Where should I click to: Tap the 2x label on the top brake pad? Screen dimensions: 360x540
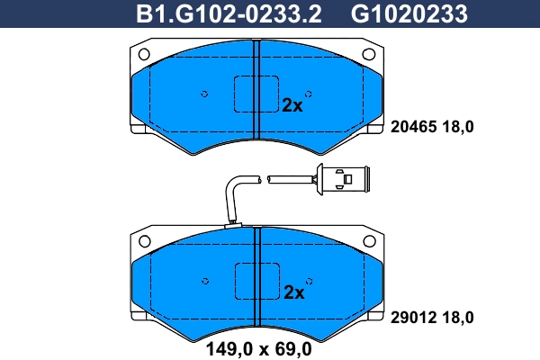[x=292, y=104]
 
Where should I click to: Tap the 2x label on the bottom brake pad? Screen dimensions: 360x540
[x=294, y=292]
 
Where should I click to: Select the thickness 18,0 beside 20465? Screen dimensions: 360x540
[x=456, y=127]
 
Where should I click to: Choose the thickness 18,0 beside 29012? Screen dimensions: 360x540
[x=456, y=317]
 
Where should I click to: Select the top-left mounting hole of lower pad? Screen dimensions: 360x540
[x=144, y=241]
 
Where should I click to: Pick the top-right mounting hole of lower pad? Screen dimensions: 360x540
[x=368, y=241]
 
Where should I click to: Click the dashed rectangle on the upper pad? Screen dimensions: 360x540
[x=256, y=94]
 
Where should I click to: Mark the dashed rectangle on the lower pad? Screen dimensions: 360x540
[x=256, y=282]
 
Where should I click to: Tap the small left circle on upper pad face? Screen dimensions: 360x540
[x=204, y=94]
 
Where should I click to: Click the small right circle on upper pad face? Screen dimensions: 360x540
[x=309, y=94]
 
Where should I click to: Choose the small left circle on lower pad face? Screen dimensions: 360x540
[x=204, y=282]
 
